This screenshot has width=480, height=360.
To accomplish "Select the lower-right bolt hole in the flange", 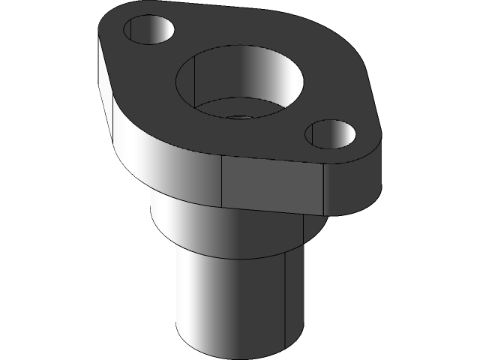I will click(331, 134).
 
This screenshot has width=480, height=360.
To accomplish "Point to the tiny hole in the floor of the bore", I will click(239, 117).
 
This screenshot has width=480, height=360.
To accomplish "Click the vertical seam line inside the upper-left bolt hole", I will click(132, 30).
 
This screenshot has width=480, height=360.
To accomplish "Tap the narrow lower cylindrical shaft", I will click(225, 300).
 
